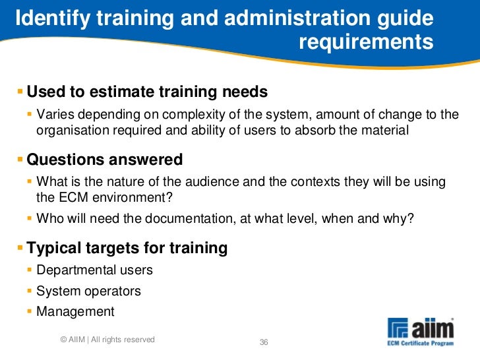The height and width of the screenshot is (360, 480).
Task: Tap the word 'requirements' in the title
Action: pyautogui.click(x=366, y=43)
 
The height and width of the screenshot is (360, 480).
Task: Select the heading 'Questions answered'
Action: pyautogui.click(x=104, y=160)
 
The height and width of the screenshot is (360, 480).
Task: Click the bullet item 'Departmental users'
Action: pyautogui.click(x=94, y=270)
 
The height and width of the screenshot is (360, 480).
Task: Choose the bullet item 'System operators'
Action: pyautogui.click(x=88, y=291)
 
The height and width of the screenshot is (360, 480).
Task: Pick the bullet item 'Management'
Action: pyautogui.click(x=75, y=312)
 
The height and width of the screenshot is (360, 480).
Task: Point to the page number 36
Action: pyautogui.click(x=264, y=342)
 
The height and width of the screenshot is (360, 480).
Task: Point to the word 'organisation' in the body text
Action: pyautogui.click(x=69, y=131)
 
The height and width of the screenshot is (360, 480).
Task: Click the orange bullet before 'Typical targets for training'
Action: pyautogui.click(x=20, y=249)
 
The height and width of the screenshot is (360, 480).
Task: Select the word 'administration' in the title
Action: pyautogui.click(x=289, y=19)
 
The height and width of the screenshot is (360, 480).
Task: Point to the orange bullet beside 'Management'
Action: pyautogui.click(x=30, y=312)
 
